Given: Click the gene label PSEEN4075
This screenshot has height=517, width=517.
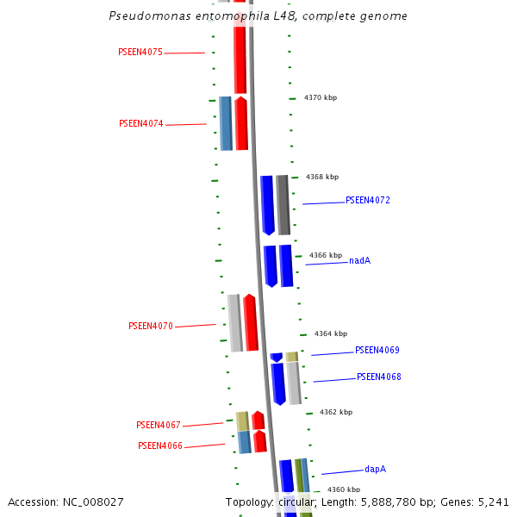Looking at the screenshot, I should pos(140,53).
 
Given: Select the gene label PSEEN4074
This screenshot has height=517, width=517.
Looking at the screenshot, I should pos(140,124).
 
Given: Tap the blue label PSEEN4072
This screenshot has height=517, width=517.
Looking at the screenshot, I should pos(368,201).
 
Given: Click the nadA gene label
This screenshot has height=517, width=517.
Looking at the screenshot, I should pos(360,261).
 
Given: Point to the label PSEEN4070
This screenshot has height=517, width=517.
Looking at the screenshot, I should pos(151,327).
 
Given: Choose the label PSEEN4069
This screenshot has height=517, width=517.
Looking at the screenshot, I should pos(377,351).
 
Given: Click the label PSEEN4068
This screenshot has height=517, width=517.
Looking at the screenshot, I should pos(379,377).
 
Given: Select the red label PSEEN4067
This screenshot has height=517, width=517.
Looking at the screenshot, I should pos(159,426).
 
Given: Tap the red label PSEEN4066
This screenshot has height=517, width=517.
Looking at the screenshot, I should pos(160,446).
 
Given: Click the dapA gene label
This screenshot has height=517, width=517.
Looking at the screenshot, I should pos(375,470).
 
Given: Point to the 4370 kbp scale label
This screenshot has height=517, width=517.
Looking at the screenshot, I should pos(321,98).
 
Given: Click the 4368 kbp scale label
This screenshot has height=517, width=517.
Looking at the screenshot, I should pos(322,178).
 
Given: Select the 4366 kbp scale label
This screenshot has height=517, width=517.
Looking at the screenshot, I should pos(326,256).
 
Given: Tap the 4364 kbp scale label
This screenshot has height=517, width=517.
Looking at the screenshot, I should pos(331,334).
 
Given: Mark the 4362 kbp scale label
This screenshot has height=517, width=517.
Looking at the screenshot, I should pos(336,413).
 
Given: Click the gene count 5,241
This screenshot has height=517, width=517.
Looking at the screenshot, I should pos(493,502).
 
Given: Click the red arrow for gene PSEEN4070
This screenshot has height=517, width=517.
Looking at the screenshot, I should pos(251,323).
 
